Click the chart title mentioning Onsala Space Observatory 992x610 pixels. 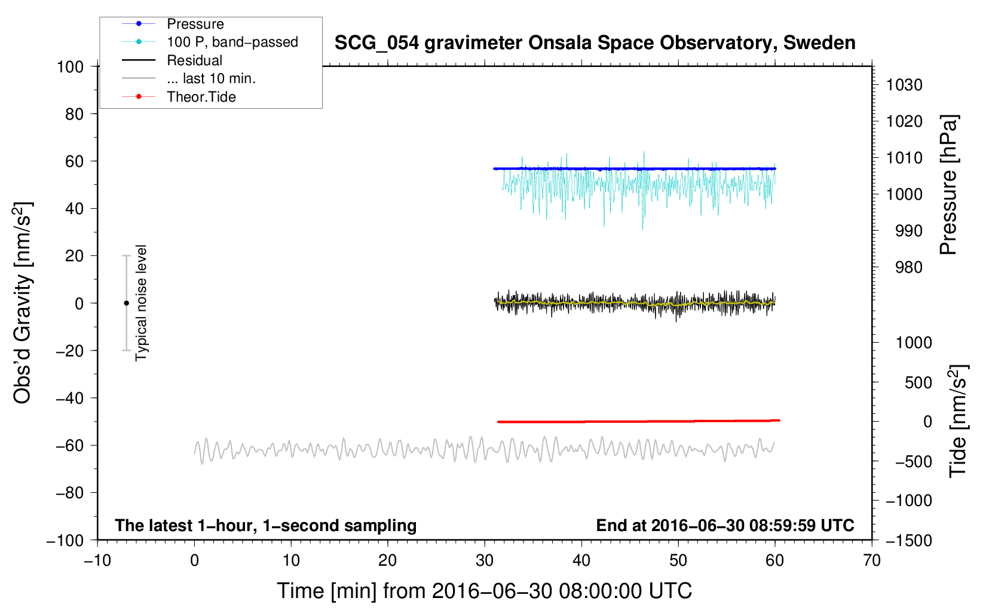click(x=595, y=43)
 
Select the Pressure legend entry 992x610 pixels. click(x=195, y=23)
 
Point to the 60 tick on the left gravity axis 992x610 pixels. click(x=74, y=161)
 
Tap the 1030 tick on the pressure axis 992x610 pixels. click(x=904, y=85)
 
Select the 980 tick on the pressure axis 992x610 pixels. click(x=909, y=267)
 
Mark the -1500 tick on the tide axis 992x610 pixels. click(x=909, y=541)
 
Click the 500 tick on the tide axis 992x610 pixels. click(x=918, y=383)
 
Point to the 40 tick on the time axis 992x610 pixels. click(x=581, y=561)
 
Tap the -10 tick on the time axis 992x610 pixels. click(x=97, y=561)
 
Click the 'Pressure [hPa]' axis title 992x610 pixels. click(x=948, y=185)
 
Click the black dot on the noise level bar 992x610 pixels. click(x=126, y=303)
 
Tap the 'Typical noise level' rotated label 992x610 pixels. click(x=141, y=303)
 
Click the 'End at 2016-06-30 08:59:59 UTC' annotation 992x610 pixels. click(x=725, y=525)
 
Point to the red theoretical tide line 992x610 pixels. click(x=639, y=421)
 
